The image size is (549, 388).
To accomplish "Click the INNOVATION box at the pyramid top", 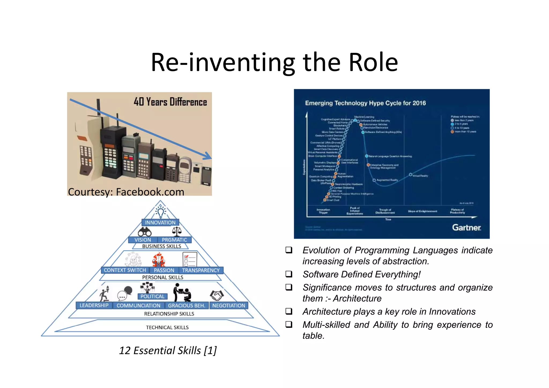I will pyautogui.click(x=160, y=222).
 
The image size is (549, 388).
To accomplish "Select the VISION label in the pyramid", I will pyautogui.click(x=143, y=240).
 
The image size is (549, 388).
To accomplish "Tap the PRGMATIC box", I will pyautogui.click(x=174, y=240).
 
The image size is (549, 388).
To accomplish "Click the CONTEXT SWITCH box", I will pyautogui.click(x=125, y=270).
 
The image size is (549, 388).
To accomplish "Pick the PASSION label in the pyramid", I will pyautogui.click(x=164, y=270).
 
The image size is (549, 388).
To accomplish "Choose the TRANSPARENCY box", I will pyautogui.click(x=201, y=270).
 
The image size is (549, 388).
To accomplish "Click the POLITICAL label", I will pyautogui.click(x=152, y=296).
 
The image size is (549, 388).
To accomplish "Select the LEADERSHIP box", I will pyautogui.click(x=94, y=305).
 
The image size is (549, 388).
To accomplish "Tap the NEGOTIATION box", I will pyautogui.click(x=229, y=306).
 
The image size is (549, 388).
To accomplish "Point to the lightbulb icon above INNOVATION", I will pyautogui.click(x=160, y=212).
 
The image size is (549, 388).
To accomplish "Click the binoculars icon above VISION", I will pyautogui.click(x=145, y=232).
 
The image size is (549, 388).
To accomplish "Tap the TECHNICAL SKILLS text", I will pyautogui.click(x=167, y=327).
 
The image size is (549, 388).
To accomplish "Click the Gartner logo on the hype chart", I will pyautogui.click(x=466, y=228).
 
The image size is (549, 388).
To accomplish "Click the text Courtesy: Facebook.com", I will pyautogui.click(x=126, y=192).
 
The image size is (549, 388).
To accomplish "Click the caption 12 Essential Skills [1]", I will pyautogui.click(x=168, y=350).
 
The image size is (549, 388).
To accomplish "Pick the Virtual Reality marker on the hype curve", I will pyautogui.click(x=410, y=175).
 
